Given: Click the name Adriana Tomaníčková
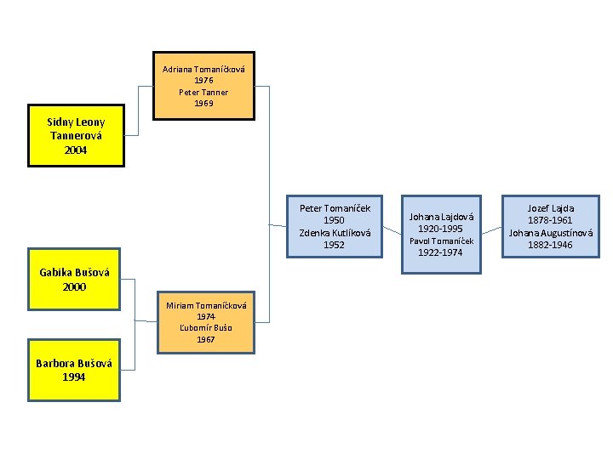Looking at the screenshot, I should click(x=203, y=69).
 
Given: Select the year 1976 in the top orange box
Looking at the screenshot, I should click(x=203, y=80).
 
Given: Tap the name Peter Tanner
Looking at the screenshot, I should click(x=203, y=92).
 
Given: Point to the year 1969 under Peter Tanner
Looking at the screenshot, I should click(x=203, y=103).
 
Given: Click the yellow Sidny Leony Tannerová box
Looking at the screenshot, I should click(x=76, y=135).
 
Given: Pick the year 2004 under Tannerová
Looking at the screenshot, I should click(x=76, y=150).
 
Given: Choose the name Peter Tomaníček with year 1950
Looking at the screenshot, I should click(x=335, y=207).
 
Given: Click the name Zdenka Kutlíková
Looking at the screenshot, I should click(x=335, y=232).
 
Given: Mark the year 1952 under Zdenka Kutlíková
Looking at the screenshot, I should click(x=335, y=245).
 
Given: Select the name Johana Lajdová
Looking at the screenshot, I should click(x=441, y=217).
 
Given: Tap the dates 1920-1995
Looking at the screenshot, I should click(x=441, y=229).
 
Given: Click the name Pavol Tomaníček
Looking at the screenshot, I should click(x=441, y=241).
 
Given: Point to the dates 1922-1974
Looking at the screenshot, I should click(x=441, y=252).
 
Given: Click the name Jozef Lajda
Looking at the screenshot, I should click(x=551, y=208).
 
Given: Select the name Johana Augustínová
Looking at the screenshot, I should click(x=551, y=233).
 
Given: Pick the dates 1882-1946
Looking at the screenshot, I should click(x=551, y=245).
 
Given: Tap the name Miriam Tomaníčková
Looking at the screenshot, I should click(x=206, y=305).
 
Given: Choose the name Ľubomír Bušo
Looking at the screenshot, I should click(x=206, y=327).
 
